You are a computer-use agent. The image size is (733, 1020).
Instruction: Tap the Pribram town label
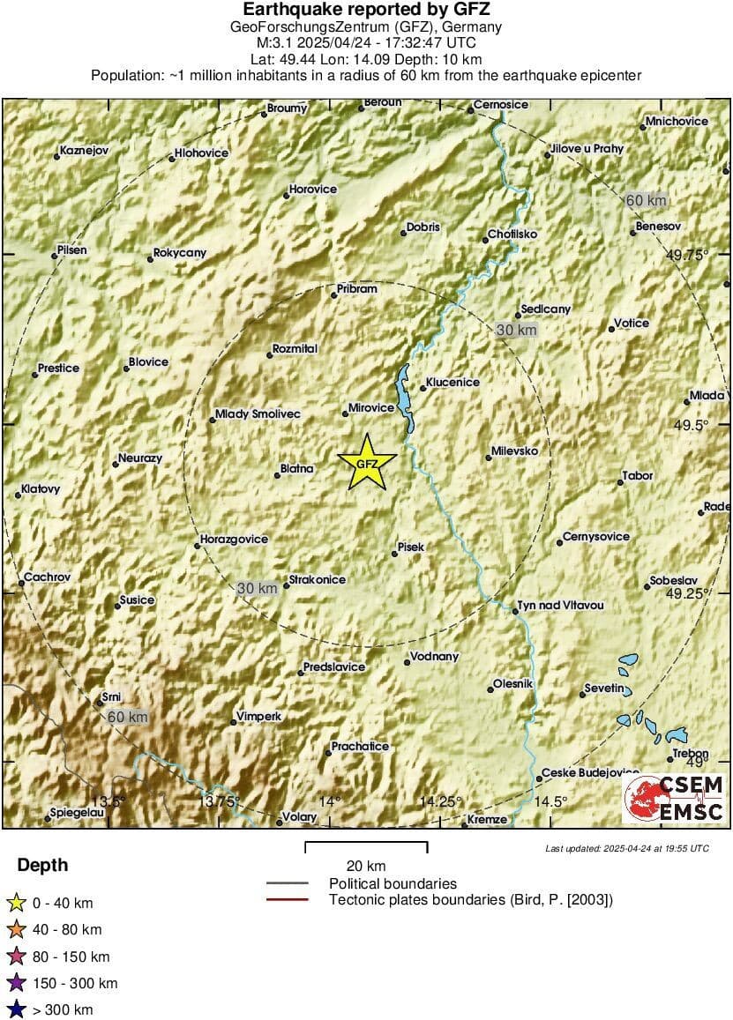(357, 289)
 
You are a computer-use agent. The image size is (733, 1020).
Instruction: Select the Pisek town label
(411, 547)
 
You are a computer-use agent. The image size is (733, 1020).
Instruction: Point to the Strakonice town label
(318, 580)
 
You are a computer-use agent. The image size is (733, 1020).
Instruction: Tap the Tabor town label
(638, 476)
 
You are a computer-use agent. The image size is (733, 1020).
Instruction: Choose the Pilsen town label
(72, 250)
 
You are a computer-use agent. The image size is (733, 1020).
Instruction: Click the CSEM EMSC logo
(674, 799)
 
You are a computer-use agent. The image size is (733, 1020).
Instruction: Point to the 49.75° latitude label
(687, 255)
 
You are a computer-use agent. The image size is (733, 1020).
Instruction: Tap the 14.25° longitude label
(440, 801)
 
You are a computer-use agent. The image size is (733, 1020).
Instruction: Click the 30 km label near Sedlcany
(517, 330)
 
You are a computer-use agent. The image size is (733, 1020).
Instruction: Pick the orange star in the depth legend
(15, 929)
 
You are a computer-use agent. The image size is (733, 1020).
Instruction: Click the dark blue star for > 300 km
(15, 1009)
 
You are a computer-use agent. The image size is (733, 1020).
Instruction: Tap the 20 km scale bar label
(365, 866)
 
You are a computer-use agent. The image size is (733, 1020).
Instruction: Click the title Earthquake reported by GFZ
(366, 10)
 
